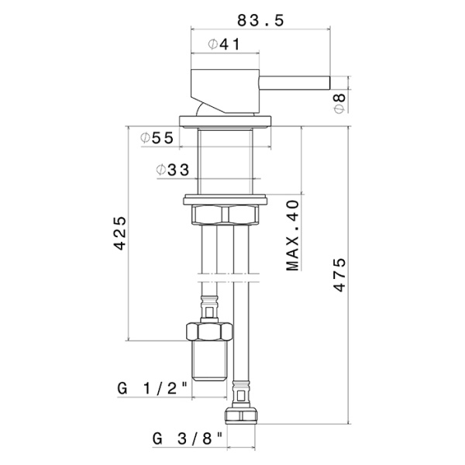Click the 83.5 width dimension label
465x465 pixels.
pyautogui.click(x=260, y=20)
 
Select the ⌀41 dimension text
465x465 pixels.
pyautogui.click(x=224, y=44)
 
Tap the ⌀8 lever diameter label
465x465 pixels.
pyautogui.click(x=340, y=103)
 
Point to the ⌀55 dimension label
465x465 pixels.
pyautogui.click(x=157, y=138)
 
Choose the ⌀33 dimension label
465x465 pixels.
pyautogui.click(x=173, y=170)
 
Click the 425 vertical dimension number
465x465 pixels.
pyautogui.click(x=120, y=233)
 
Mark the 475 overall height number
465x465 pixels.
pyautogui.click(x=339, y=275)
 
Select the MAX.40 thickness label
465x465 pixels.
pyautogui.click(x=293, y=236)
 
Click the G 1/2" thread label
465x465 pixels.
pyautogui.click(x=153, y=389)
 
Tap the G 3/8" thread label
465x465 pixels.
pyautogui.click(x=188, y=439)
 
